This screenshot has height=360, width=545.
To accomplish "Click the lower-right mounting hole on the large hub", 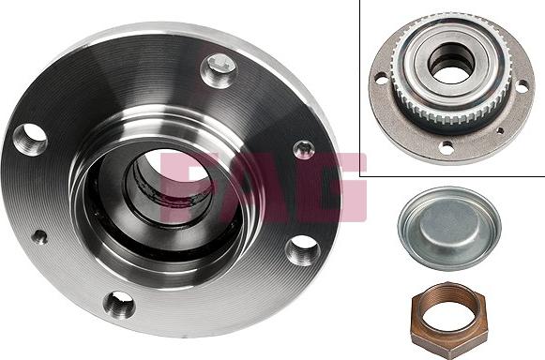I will [x=302, y=248].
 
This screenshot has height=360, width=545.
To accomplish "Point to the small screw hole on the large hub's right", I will [x=303, y=148].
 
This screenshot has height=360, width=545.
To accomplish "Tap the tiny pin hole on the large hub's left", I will [x=38, y=237].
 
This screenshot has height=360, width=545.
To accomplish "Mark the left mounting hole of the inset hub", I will [x=379, y=80].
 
